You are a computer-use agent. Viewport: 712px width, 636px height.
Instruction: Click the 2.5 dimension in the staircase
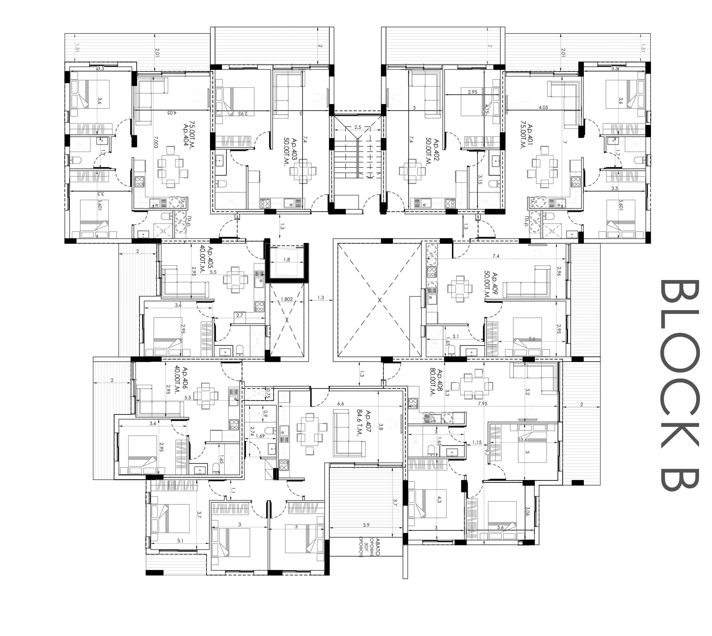357,127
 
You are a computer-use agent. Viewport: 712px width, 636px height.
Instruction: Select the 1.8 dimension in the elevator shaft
287,259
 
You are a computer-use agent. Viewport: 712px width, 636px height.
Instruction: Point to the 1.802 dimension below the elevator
287,299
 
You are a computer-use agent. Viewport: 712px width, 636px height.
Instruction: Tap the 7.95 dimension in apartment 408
482,403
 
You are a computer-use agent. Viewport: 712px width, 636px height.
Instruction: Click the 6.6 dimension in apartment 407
340,403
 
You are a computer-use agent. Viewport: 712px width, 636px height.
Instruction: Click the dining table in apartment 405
235,279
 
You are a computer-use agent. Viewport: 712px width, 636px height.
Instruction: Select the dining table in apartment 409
460,289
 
